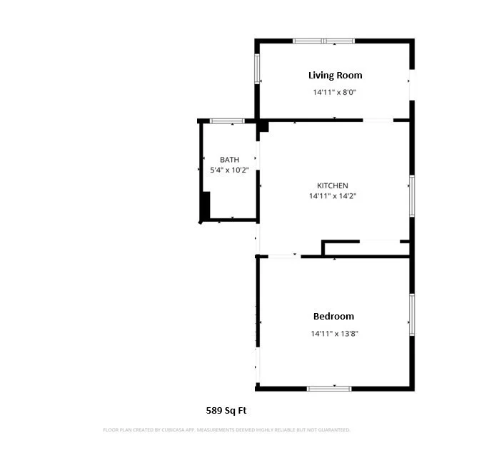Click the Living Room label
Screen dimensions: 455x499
tap(335, 75)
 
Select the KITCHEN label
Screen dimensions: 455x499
tap(332, 185)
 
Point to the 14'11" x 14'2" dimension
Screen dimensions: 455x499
tap(332, 195)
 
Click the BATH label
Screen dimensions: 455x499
tap(229, 160)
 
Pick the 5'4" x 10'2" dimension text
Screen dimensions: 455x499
tap(229, 170)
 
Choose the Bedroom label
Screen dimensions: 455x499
tap(333, 316)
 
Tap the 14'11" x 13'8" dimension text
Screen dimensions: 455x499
tap(333, 333)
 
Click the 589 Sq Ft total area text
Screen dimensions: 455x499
tap(226, 410)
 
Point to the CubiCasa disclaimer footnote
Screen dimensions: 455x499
tap(226, 430)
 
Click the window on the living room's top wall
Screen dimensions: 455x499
tap(324, 41)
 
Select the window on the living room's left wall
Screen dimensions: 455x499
tap(258, 68)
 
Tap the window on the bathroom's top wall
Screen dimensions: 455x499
tap(227, 121)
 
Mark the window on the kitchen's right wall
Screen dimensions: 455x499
tap(411, 196)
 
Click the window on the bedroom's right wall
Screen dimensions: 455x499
tap(411, 314)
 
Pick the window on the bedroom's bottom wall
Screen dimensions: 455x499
tap(329, 388)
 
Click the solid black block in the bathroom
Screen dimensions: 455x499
tap(205, 206)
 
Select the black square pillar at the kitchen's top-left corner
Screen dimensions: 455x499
tap(263, 126)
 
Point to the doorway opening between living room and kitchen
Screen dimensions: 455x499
tap(378, 120)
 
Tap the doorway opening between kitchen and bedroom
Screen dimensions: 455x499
tap(284, 255)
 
